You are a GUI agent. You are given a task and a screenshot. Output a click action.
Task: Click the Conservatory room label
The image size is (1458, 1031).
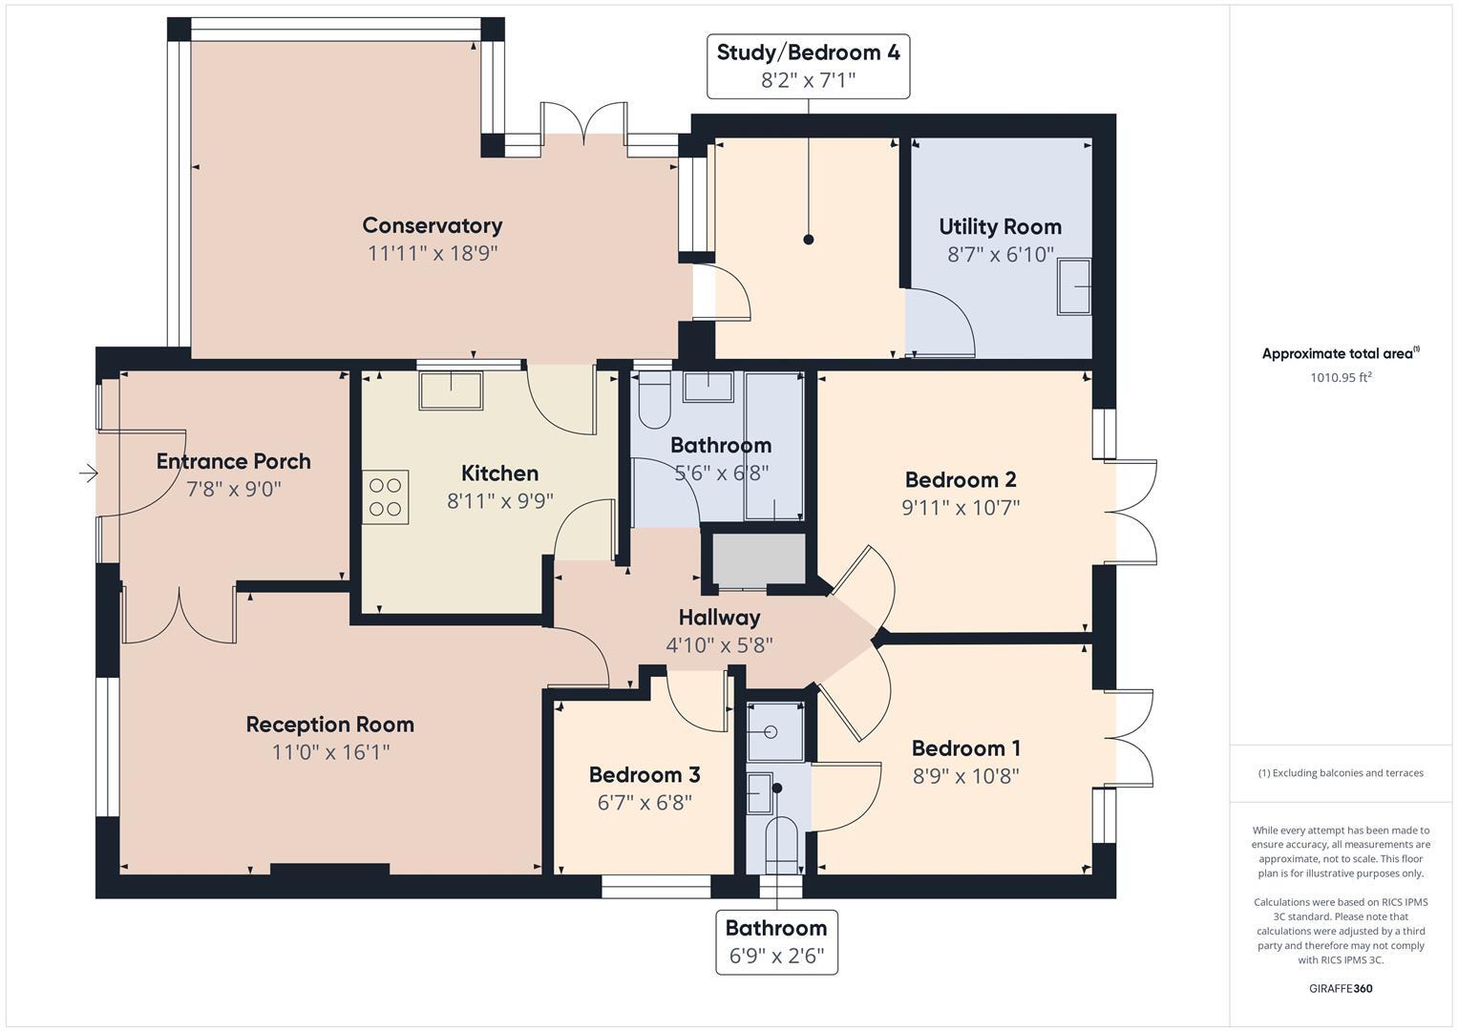coord(432,225)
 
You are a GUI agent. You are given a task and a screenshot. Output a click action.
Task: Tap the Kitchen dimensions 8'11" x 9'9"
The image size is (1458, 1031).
coord(499,501)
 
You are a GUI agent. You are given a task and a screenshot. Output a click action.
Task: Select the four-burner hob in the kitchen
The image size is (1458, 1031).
coord(385,496)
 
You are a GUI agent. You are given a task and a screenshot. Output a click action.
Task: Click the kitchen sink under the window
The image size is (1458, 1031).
coord(451,390)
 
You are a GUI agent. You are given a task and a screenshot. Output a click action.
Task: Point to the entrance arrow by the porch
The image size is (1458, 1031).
coord(88,473)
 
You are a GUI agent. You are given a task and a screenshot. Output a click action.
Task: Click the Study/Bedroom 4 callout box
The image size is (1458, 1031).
coord(808,66)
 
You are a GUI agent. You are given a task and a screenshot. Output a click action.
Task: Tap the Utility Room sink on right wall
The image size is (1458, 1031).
coord(1073,286)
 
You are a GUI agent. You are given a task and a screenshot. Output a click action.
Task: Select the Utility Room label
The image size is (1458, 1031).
coord(1000,227)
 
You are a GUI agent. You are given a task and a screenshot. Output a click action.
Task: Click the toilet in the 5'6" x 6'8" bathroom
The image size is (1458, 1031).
coord(655,403)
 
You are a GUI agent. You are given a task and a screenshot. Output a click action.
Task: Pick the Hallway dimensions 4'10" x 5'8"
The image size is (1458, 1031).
coord(719,645)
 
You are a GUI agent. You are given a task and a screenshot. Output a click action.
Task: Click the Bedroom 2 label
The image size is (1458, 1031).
coord(960,479)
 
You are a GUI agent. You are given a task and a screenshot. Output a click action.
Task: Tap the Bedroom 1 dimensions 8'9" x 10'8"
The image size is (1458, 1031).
coord(965,776)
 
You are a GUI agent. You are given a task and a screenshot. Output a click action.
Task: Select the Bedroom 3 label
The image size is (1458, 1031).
coord(644,774)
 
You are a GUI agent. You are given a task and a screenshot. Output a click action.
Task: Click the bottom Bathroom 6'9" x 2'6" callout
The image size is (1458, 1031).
coord(776,941)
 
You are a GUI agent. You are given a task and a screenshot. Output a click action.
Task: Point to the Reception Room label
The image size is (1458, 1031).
coord(329,725)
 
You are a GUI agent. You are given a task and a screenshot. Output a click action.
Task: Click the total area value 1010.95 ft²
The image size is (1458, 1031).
coord(1341,377)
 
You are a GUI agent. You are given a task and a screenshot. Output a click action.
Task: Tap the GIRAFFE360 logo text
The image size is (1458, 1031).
coord(1341,988)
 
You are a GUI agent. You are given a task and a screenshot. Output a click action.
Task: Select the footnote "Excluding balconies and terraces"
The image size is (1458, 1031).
coord(1341,772)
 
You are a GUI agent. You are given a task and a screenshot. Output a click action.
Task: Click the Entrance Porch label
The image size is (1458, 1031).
coord(234,461)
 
